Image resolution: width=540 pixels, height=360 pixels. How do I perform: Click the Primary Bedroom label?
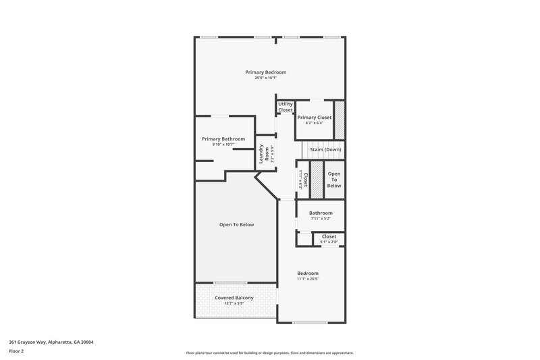(266, 72)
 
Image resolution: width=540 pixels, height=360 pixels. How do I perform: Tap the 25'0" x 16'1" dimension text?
(266, 78)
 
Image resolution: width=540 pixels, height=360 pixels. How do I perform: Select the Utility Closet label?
(286, 107)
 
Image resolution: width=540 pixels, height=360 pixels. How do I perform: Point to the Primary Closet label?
(315, 118)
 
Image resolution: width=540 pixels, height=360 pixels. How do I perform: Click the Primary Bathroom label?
(223, 138)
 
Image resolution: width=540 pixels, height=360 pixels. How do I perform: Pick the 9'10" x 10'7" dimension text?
(223, 145)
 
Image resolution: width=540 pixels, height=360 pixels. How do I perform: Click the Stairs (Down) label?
(325, 149)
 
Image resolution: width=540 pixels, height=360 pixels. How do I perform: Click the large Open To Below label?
(236, 225)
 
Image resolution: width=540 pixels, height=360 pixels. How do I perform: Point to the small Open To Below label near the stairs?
(334, 180)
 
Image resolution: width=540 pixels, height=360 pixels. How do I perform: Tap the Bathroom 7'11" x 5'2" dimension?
(321, 219)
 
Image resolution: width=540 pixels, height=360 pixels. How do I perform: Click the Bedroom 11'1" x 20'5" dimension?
(308, 279)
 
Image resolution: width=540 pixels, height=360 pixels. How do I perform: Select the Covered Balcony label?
(234, 298)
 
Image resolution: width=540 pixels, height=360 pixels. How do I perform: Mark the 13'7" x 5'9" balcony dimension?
(234, 304)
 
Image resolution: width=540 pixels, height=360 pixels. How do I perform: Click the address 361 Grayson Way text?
(51, 342)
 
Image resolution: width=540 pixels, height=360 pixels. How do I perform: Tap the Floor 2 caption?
(17, 351)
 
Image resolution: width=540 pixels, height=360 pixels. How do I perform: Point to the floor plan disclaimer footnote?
(269, 353)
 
